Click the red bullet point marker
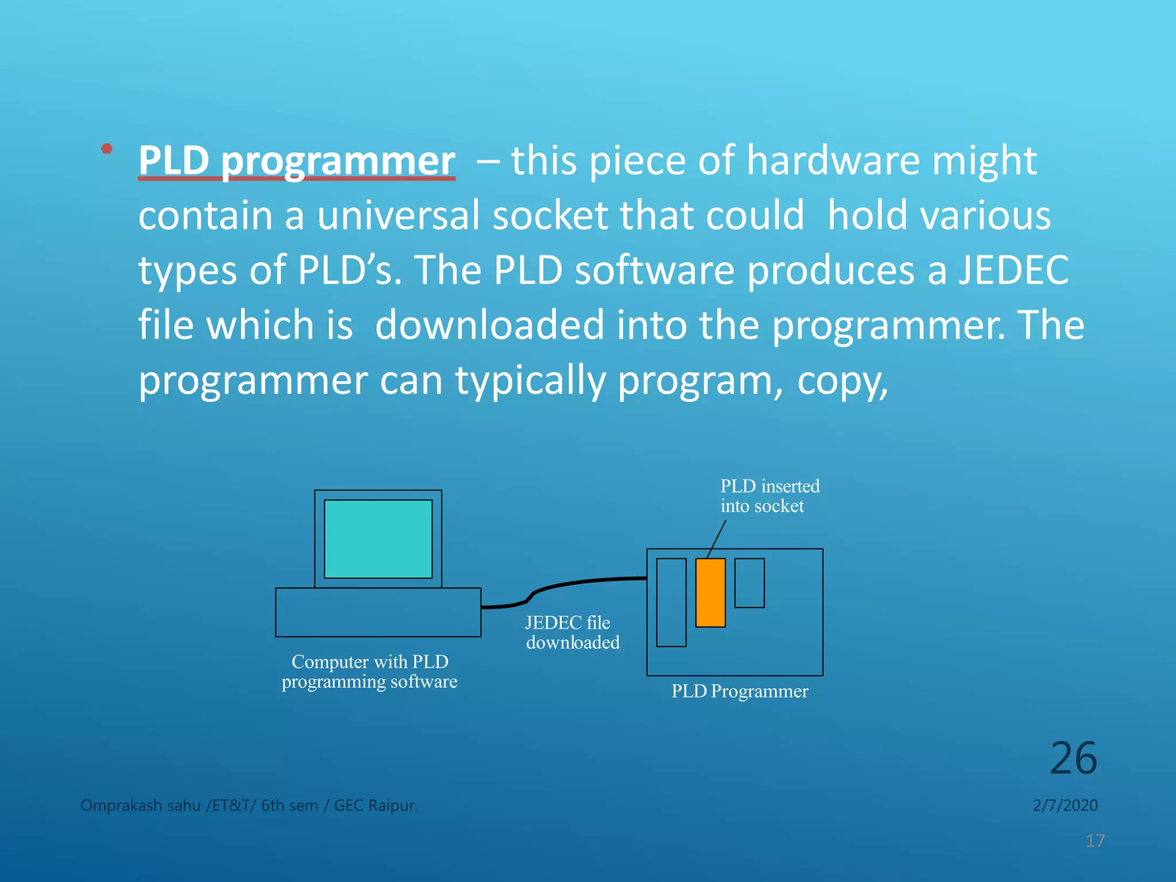[106, 149]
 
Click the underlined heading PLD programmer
[296, 161]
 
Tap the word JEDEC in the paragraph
[1013, 270]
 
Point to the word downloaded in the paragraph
[489, 325]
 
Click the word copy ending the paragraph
[842, 381]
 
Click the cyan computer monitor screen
[378, 539]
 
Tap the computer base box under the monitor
[378, 612]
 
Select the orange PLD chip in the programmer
[710, 593]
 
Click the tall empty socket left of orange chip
[671, 602]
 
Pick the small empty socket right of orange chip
[749, 583]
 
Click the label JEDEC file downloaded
[572, 632]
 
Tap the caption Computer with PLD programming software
[370, 671]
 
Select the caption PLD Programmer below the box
[740, 691]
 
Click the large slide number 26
[1073, 758]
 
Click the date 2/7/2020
[1065, 805]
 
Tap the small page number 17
[1095, 841]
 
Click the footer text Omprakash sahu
[141, 806]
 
